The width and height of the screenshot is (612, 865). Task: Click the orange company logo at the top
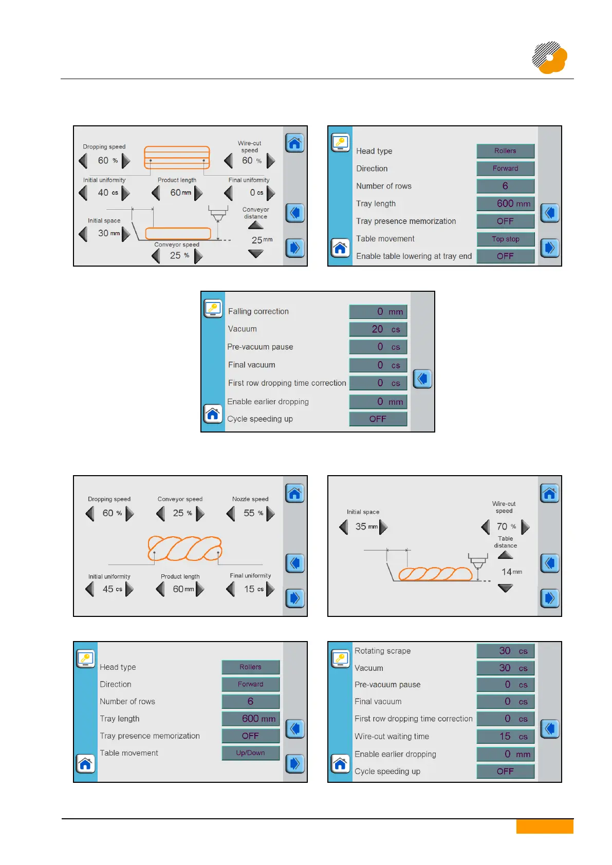(x=549, y=58)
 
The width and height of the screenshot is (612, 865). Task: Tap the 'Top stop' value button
(x=505, y=239)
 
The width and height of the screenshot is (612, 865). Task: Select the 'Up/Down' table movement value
(x=250, y=753)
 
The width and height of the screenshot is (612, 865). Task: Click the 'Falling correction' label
(x=258, y=311)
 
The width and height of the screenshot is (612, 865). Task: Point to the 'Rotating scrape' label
(x=382, y=651)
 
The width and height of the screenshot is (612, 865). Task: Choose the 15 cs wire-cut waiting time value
(x=505, y=737)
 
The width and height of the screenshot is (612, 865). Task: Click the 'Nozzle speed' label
(x=250, y=499)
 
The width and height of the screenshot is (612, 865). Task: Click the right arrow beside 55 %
(x=270, y=513)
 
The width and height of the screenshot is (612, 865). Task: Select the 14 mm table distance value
(x=511, y=572)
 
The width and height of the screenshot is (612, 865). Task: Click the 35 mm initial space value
(x=366, y=526)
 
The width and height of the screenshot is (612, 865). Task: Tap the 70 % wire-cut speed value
(x=505, y=526)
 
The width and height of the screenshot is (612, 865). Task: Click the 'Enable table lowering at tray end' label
(x=414, y=256)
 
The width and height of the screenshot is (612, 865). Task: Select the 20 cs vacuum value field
(x=378, y=329)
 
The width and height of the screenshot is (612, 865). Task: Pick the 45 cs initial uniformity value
(x=112, y=589)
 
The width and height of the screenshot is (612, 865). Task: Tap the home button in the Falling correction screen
(x=213, y=413)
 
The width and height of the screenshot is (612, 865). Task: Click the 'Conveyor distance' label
(x=255, y=213)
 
